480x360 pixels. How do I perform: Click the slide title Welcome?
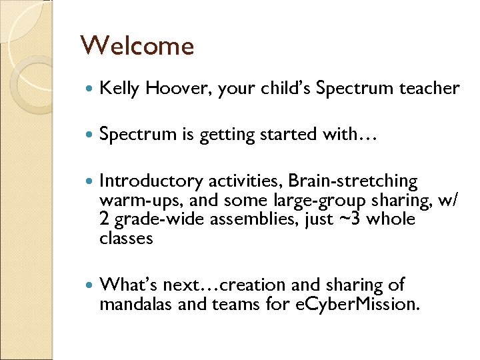pos(137,46)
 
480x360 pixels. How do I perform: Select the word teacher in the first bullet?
pos(430,89)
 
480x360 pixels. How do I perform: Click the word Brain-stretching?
pos(353,181)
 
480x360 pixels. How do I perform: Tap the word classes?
pos(126,238)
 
